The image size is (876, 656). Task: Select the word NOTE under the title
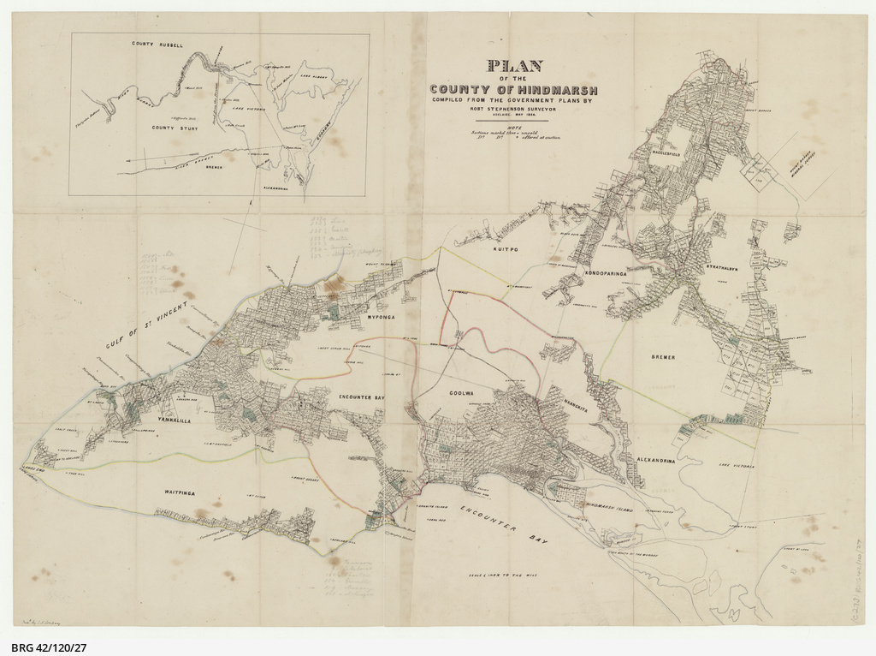point(513,127)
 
